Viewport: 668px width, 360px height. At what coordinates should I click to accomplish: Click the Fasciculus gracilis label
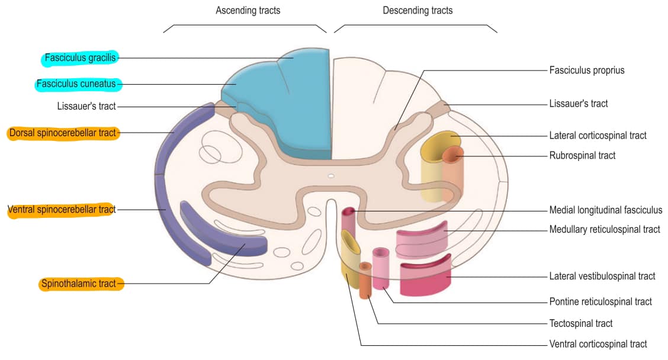click(80, 57)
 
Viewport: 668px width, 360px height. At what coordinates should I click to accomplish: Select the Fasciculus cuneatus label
click(76, 84)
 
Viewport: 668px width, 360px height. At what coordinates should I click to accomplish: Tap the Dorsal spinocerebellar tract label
click(63, 133)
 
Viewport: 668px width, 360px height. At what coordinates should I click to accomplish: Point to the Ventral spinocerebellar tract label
click(62, 210)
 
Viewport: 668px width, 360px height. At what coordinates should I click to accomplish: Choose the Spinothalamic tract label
click(78, 283)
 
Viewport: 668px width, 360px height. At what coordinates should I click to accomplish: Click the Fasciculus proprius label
click(587, 70)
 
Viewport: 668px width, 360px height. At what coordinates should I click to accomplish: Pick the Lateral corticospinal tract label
click(598, 136)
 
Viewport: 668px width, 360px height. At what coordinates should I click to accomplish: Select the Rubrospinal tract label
click(582, 156)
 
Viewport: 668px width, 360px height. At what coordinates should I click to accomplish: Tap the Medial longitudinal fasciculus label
click(605, 210)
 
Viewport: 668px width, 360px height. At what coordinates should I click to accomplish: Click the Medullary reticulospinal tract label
click(605, 230)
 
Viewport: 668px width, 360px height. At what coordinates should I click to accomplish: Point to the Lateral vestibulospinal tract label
click(602, 276)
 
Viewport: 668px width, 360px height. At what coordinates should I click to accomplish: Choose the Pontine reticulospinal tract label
click(600, 301)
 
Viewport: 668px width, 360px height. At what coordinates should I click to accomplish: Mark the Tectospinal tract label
click(581, 323)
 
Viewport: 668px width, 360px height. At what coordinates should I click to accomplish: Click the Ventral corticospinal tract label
click(598, 344)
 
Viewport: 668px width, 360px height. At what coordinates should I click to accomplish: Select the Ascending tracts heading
click(248, 11)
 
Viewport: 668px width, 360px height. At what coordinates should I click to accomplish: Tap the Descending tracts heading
click(417, 11)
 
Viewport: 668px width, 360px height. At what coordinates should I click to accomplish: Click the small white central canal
click(331, 176)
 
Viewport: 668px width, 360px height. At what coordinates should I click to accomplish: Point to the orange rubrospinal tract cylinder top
click(452, 155)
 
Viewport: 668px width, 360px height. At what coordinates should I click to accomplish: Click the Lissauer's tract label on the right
click(578, 104)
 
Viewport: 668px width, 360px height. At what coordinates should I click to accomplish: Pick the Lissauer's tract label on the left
click(86, 106)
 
